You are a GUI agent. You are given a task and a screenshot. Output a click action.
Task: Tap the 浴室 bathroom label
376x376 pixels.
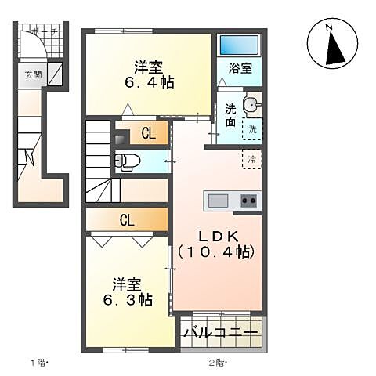tap(240, 68)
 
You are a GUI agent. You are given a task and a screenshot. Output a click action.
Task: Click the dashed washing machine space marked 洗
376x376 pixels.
tap(253, 129)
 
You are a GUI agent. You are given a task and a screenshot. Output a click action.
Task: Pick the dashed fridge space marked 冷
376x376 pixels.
tap(251, 158)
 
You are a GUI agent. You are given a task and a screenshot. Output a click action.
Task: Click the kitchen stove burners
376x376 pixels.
tap(249, 201)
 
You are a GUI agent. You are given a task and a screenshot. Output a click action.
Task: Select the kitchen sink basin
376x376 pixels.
tap(218, 201)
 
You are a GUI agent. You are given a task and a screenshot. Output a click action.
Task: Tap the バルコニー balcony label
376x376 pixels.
tap(222, 334)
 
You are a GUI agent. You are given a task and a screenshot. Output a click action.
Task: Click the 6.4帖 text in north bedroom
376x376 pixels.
tap(146, 81)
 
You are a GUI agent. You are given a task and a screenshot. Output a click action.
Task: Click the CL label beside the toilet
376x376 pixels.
tap(148, 135)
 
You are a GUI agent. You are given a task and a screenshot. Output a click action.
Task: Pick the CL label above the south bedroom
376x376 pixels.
tap(126, 220)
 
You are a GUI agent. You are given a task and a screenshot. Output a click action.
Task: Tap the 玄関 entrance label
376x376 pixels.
tap(32, 76)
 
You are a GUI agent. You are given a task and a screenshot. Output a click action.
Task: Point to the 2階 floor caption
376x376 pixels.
tap(217, 363)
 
